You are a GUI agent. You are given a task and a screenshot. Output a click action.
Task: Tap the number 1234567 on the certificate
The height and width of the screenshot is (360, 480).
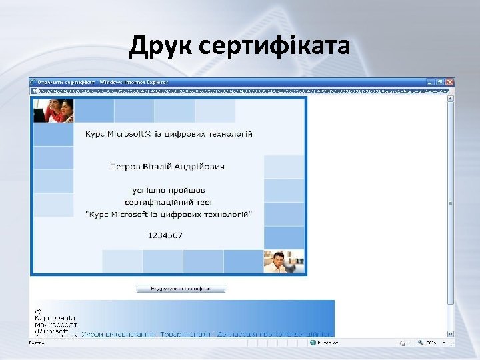pyautogui.click(x=165, y=235)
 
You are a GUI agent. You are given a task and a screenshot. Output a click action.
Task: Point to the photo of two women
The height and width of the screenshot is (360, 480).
pyautogui.click(x=53, y=111)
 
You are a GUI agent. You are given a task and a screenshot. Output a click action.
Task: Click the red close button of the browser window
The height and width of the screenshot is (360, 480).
pyautogui.click(x=450, y=82)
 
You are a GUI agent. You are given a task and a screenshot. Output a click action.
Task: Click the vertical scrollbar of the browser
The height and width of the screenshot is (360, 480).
pyautogui.click(x=451, y=200)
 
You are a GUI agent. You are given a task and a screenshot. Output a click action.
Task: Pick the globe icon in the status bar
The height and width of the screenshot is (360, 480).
pyautogui.click(x=312, y=343)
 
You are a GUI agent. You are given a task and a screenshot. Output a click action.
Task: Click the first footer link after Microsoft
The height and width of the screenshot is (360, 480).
pyautogui.click(x=117, y=334)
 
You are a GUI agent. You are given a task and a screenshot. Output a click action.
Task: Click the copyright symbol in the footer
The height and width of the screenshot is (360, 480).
pyautogui.click(x=39, y=311)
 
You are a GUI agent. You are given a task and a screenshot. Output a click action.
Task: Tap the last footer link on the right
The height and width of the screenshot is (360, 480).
pyautogui.click(x=273, y=334)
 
